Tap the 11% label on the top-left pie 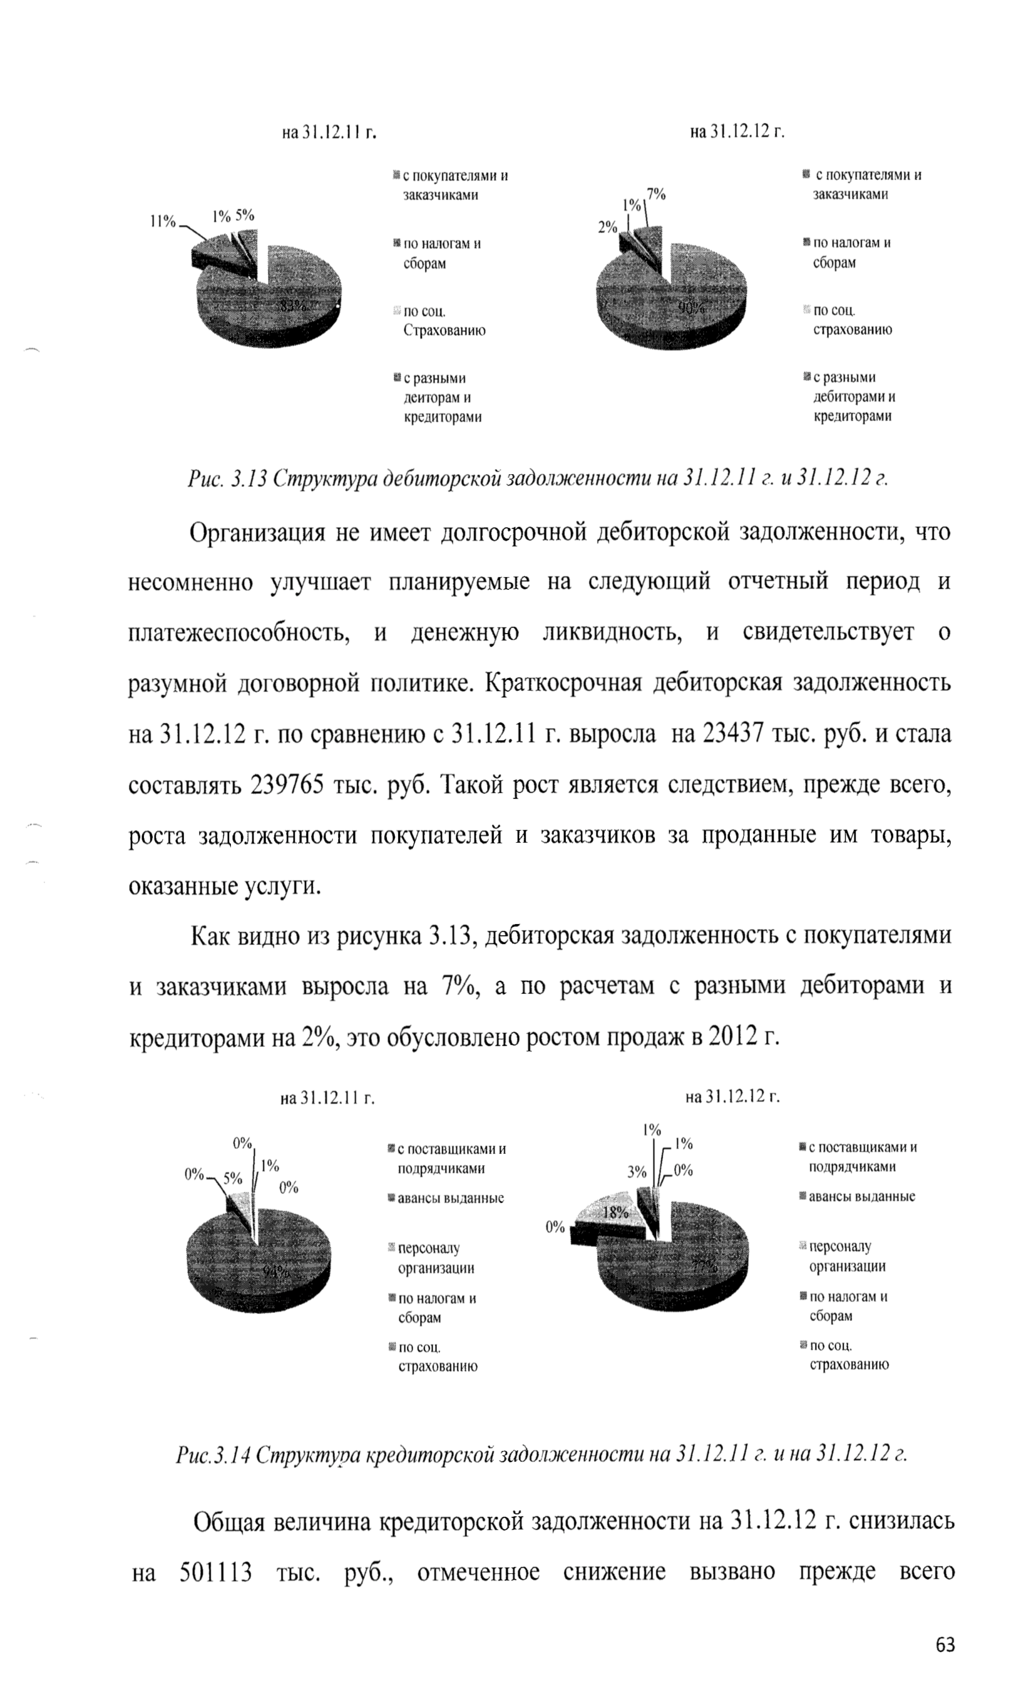coord(163,221)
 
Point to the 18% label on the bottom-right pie coord(616,1212)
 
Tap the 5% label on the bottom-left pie coord(233,1179)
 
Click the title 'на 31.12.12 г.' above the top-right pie coord(737,131)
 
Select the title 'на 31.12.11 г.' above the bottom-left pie coord(327,1097)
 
